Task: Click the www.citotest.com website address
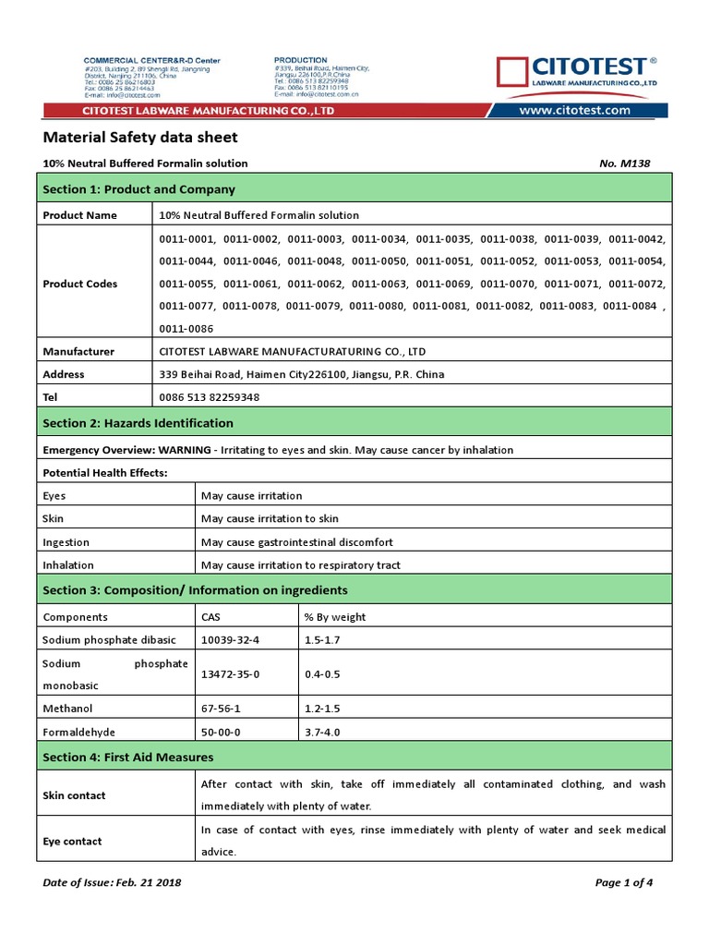tap(574, 110)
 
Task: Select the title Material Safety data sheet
tap(140, 138)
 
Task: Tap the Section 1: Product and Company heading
tap(138, 189)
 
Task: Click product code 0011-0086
tap(186, 328)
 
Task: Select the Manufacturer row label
tap(78, 351)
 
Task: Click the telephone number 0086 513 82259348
tap(210, 397)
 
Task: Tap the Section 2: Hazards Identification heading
tap(138, 423)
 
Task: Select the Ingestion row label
tap(66, 542)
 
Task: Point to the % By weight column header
tap(335, 616)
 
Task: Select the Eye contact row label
tap(74, 842)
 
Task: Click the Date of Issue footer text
tap(112, 882)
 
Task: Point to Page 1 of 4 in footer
tap(624, 882)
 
